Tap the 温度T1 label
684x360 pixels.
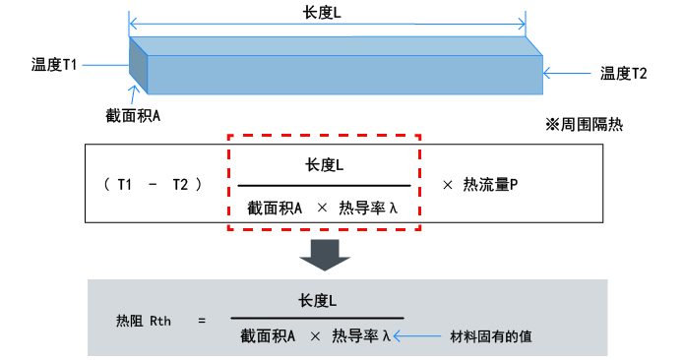[x=54, y=66]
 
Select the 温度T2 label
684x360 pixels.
[x=623, y=73]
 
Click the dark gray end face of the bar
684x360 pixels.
[x=138, y=67]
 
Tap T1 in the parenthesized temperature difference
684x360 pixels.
[x=126, y=184]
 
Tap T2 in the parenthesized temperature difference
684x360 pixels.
[x=181, y=184]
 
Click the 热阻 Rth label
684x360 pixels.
[x=144, y=320]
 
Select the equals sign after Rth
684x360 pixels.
[x=201, y=320]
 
